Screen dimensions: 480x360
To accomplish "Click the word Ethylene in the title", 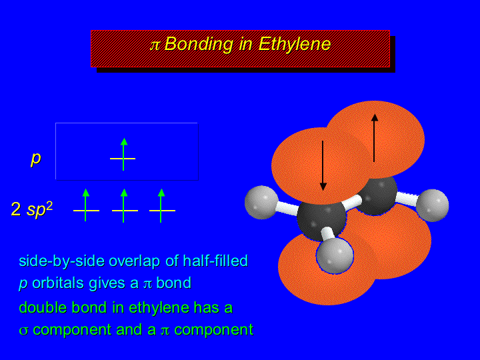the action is coord(295,45).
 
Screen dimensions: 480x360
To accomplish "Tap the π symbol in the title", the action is coord(155,45).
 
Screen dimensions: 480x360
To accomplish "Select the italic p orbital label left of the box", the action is coord(36,159).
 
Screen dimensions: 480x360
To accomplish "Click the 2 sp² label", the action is coord(32,209).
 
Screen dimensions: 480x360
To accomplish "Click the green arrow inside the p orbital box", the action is coord(123,154).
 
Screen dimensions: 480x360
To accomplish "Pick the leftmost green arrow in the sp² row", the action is coord(86,205).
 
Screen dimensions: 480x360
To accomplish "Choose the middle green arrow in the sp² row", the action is coord(124,205).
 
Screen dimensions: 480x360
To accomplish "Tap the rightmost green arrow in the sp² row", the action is coord(161,205).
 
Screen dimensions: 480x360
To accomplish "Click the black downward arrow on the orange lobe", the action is coord(323,165).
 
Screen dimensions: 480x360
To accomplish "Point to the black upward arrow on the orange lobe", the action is coord(374,138).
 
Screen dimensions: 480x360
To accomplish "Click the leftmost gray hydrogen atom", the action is coord(261,203).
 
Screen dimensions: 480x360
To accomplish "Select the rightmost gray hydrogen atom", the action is coord(432,205).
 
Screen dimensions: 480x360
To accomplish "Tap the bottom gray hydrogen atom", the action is coord(335,256).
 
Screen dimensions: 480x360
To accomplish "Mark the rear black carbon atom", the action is coord(377,195).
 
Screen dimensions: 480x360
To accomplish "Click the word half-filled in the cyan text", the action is coord(215,261).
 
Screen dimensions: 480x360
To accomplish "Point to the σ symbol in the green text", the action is coord(23,331).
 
